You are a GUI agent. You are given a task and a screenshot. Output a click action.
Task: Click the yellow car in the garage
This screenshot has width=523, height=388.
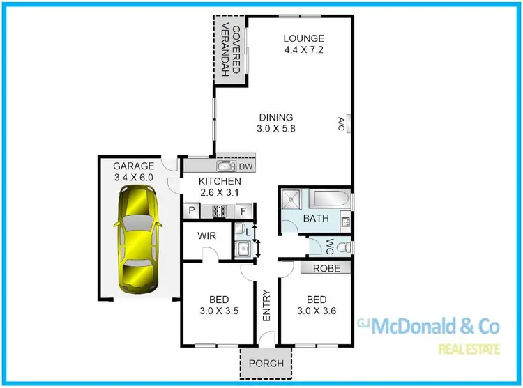click(138, 242)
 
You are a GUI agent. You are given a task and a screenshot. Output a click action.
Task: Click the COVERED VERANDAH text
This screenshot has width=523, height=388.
click(232, 50)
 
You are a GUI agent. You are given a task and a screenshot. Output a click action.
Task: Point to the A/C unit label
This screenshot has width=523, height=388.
click(342, 125)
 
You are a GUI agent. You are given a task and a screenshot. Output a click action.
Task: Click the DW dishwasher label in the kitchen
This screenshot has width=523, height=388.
click(245, 167)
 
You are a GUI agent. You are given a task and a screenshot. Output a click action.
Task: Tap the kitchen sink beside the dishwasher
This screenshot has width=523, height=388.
click(225, 167)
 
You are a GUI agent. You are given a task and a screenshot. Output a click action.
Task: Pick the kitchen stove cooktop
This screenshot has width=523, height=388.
click(218, 210)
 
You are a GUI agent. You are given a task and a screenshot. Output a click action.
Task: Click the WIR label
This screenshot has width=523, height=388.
click(206, 235)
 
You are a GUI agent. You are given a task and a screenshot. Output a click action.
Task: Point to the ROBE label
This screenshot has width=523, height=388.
click(326, 267)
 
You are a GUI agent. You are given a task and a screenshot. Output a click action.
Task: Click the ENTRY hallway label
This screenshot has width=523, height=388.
click(266, 306)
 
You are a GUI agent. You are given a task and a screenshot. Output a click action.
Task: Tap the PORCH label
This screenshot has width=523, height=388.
click(266, 363)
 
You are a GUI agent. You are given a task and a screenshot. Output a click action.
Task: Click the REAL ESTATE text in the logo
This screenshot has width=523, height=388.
click(467, 348)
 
